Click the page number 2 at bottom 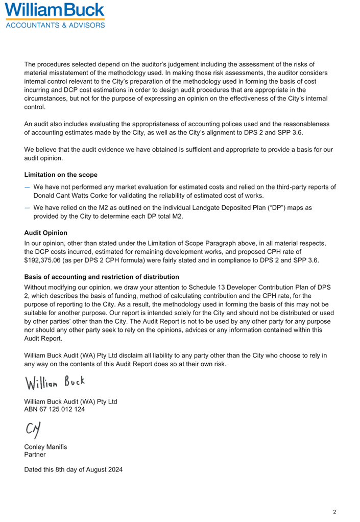point(334,511)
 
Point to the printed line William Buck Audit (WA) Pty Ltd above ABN point(70,401)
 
